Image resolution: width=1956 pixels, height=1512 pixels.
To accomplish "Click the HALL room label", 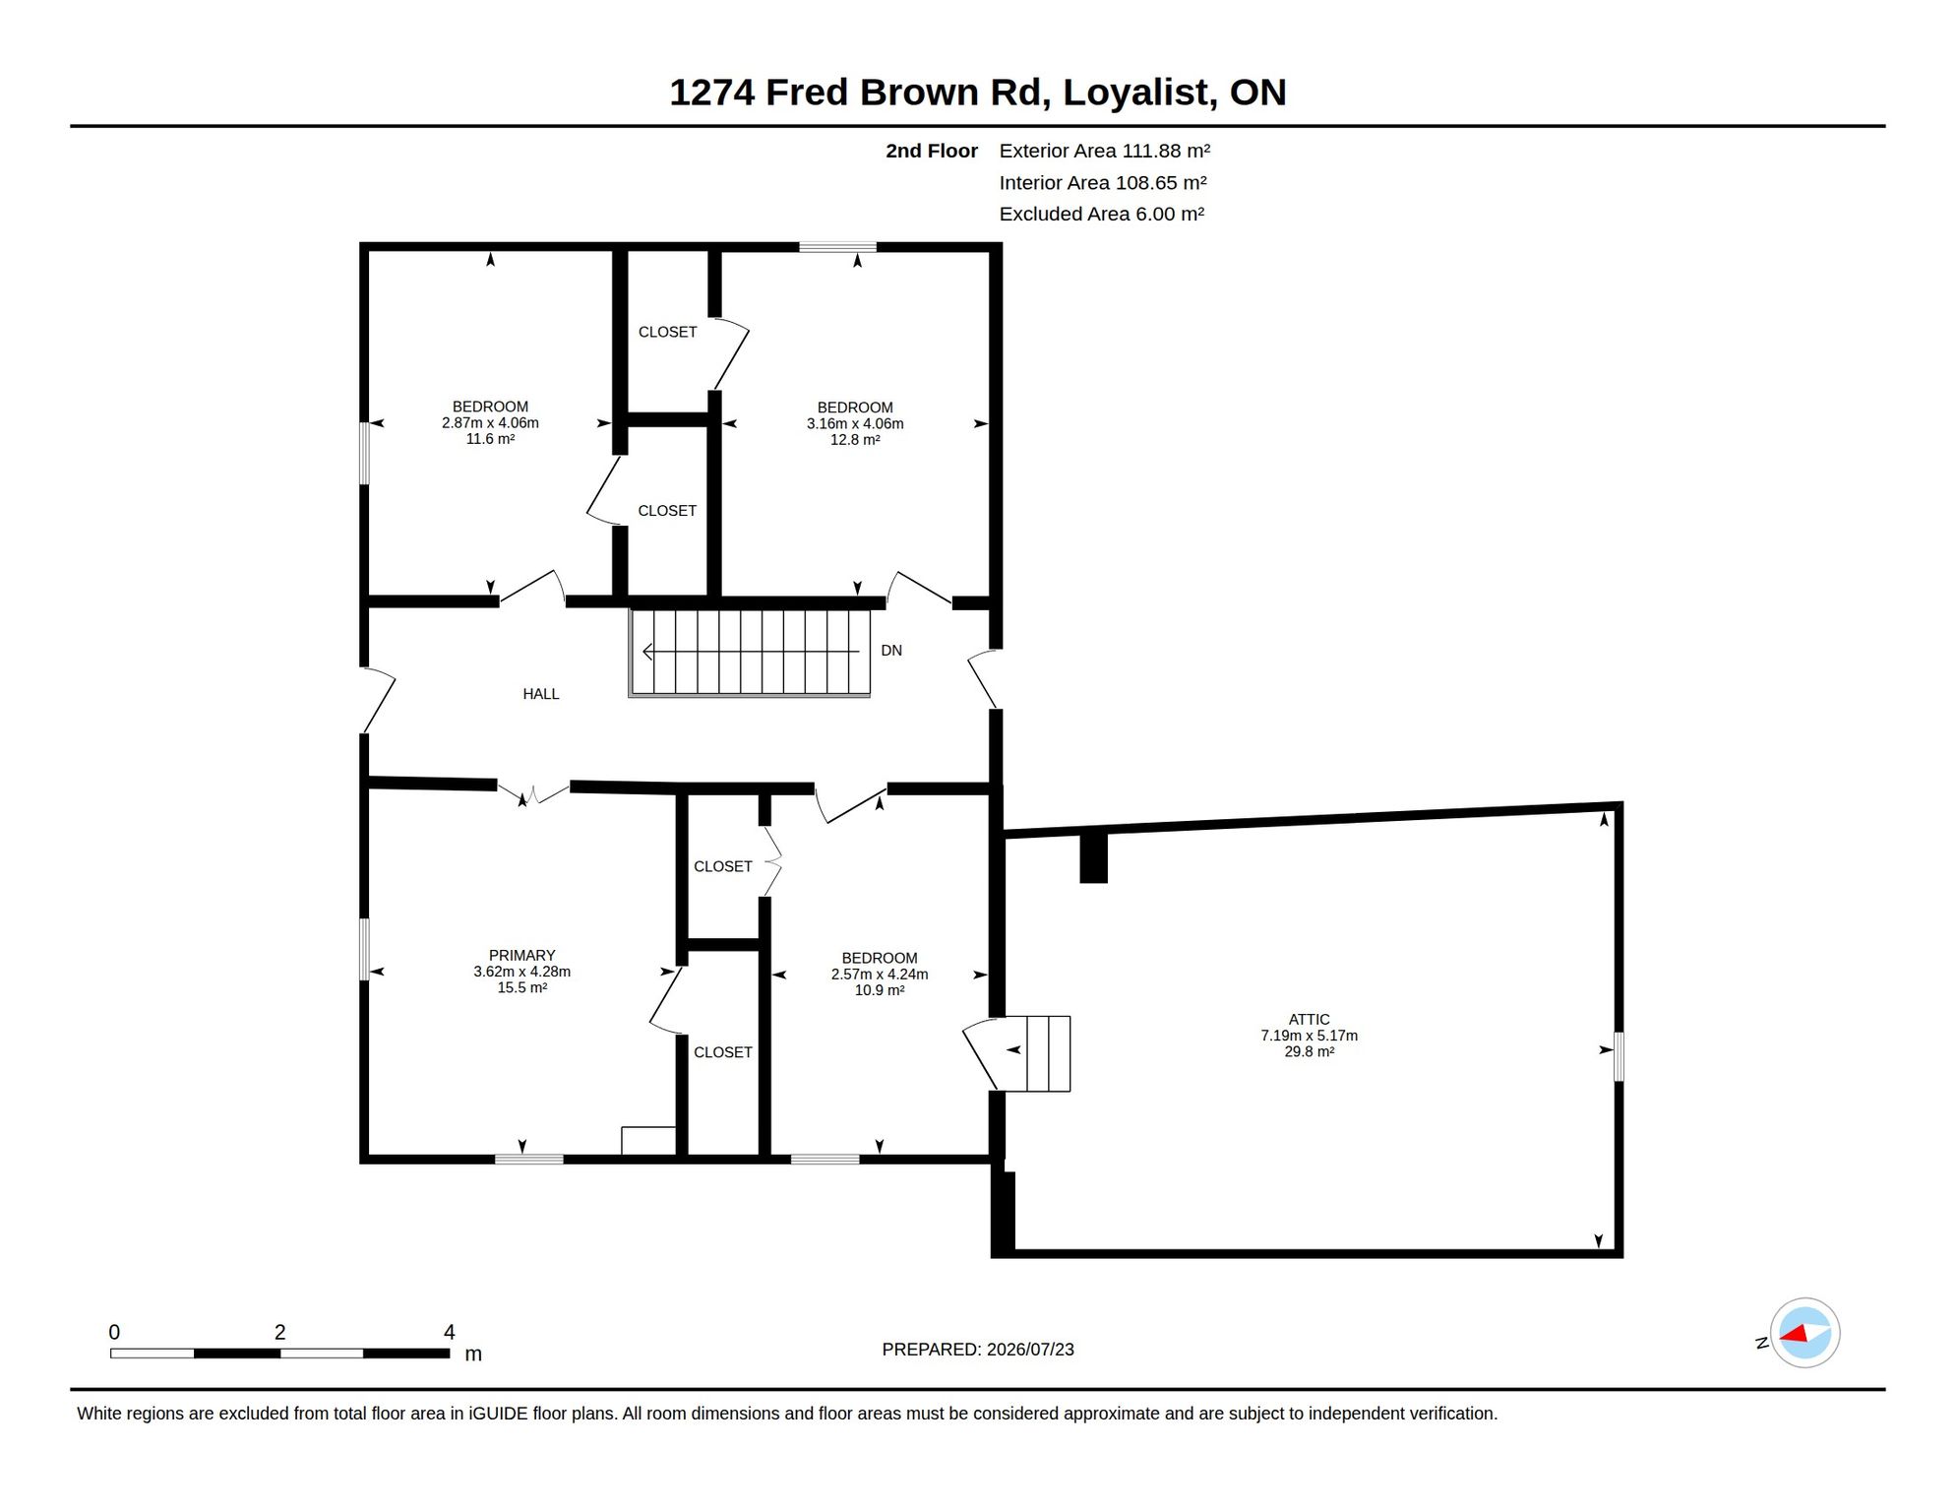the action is [540, 694].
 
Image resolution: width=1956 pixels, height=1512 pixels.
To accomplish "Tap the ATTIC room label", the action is [1309, 1020].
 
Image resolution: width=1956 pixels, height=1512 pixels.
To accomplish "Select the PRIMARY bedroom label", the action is [521, 956].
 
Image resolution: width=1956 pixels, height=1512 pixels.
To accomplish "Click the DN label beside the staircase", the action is [891, 651].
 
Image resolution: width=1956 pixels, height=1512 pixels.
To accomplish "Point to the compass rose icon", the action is [1804, 1333].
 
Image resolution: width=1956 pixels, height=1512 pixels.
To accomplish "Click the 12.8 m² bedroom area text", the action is [855, 440].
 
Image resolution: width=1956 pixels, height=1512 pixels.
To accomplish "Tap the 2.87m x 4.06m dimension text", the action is [490, 423].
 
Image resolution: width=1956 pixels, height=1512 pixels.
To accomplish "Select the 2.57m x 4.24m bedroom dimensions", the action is [880, 975].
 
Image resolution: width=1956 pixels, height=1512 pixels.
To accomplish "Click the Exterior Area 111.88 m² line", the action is [1104, 151].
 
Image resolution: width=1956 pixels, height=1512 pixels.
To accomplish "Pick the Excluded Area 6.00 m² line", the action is [1102, 214].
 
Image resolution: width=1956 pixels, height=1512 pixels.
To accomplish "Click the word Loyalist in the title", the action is [1135, 93].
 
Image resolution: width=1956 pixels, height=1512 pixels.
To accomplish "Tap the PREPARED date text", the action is [978, 1350].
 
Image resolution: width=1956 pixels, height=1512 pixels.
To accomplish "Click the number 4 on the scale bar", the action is [450, 1332].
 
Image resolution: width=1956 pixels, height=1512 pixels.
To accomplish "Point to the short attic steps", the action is [1048, 1053].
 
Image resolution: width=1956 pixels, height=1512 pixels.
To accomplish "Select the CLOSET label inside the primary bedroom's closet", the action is [722, 1052].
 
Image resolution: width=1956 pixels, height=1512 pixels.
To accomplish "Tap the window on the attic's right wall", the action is [1619, 1056].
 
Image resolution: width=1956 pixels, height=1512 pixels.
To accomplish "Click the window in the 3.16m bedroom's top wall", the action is [837, 247].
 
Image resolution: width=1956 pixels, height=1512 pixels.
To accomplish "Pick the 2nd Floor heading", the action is [932, 151].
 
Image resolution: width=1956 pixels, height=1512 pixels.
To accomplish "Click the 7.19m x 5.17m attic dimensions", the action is [1309, 1036].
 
